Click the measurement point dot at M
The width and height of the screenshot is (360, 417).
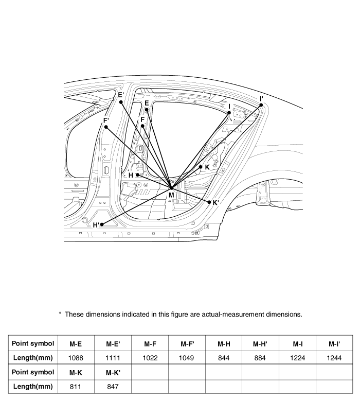(172, 188)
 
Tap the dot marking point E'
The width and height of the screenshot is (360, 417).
(121, 102)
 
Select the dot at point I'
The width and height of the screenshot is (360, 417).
(261, 105)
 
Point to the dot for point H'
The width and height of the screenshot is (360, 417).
(103, 224)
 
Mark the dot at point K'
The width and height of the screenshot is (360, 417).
(209, 202)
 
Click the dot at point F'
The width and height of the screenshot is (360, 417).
(106, 127)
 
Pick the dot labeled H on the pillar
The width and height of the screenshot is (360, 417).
(137, 175)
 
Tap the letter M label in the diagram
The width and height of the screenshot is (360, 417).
(171, 195)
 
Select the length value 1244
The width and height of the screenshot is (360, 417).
(334, 358)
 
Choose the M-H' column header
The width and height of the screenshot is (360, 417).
(260, 343)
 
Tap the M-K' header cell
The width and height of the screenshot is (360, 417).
(113, 372)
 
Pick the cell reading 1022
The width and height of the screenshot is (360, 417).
(150, 358)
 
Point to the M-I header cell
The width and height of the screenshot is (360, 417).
(297, 343)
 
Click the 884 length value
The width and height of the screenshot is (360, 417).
(260, 358)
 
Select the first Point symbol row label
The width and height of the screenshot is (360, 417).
(33, 343)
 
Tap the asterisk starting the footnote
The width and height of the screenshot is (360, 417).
(60, 314)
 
